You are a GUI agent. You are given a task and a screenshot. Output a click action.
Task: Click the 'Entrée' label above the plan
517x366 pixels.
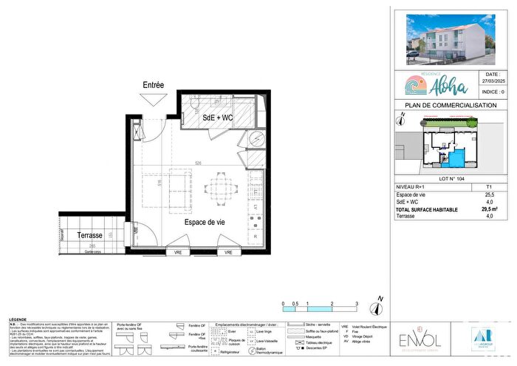[154, 86]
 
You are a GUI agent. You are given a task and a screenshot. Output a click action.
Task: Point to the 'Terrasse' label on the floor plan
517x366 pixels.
[90, 235]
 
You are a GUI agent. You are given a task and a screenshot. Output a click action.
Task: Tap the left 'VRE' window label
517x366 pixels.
[177, 253]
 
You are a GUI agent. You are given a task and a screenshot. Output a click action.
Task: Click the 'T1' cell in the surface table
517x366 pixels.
[488, 188]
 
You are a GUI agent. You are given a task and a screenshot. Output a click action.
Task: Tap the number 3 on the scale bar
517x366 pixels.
[357, 304]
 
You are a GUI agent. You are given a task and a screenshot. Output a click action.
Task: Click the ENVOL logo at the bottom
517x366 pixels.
[412, 340]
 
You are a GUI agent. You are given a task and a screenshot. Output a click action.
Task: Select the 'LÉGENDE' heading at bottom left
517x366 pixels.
[18, 319]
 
